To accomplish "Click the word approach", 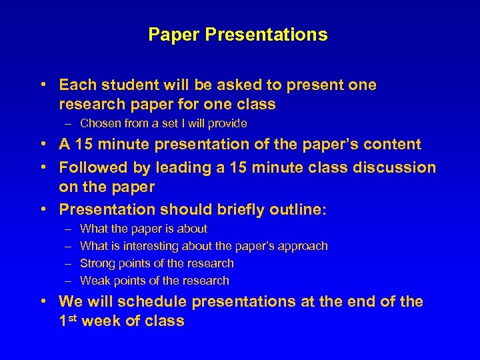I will (x=303, y=246).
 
